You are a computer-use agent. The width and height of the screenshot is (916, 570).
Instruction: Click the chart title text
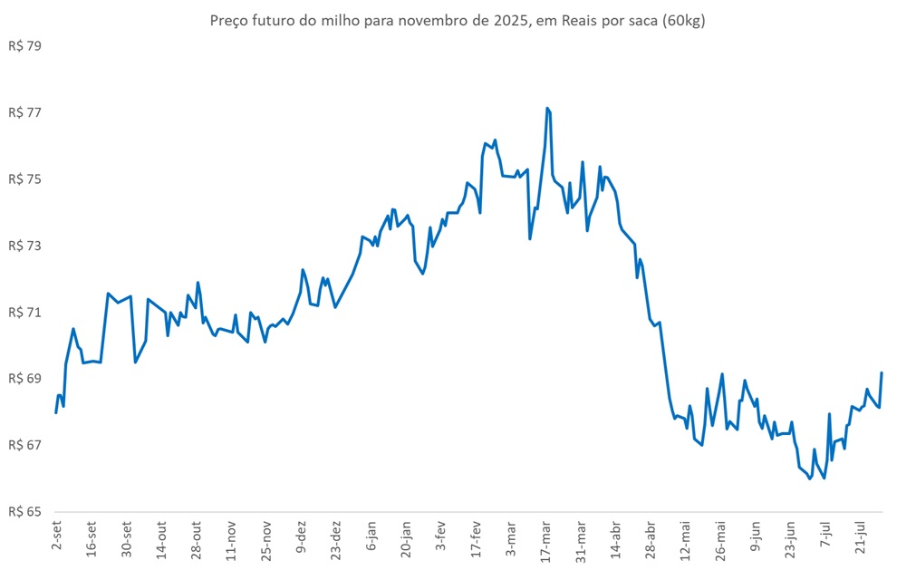tap(457, 20)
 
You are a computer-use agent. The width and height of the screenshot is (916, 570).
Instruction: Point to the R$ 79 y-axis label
tap(24, 45)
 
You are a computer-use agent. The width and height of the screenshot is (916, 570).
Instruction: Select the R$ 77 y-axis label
tap(24, 112)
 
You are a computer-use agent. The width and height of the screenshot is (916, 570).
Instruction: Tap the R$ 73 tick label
tap(24, 246)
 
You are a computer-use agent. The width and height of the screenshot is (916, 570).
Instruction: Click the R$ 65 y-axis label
tap(24, 512)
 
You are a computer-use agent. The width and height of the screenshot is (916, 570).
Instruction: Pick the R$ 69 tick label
tap(24, 379)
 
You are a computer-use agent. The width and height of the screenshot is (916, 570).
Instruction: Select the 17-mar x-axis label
tap(546, 541)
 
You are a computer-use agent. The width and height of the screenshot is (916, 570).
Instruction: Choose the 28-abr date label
tap(651, 541)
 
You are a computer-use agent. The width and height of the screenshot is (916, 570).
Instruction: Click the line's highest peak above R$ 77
tap(547, 108)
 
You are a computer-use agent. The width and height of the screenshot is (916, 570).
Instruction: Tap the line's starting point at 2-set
tap(56, 412)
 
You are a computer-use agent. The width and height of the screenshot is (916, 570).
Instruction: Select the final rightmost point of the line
tap(882, 373)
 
